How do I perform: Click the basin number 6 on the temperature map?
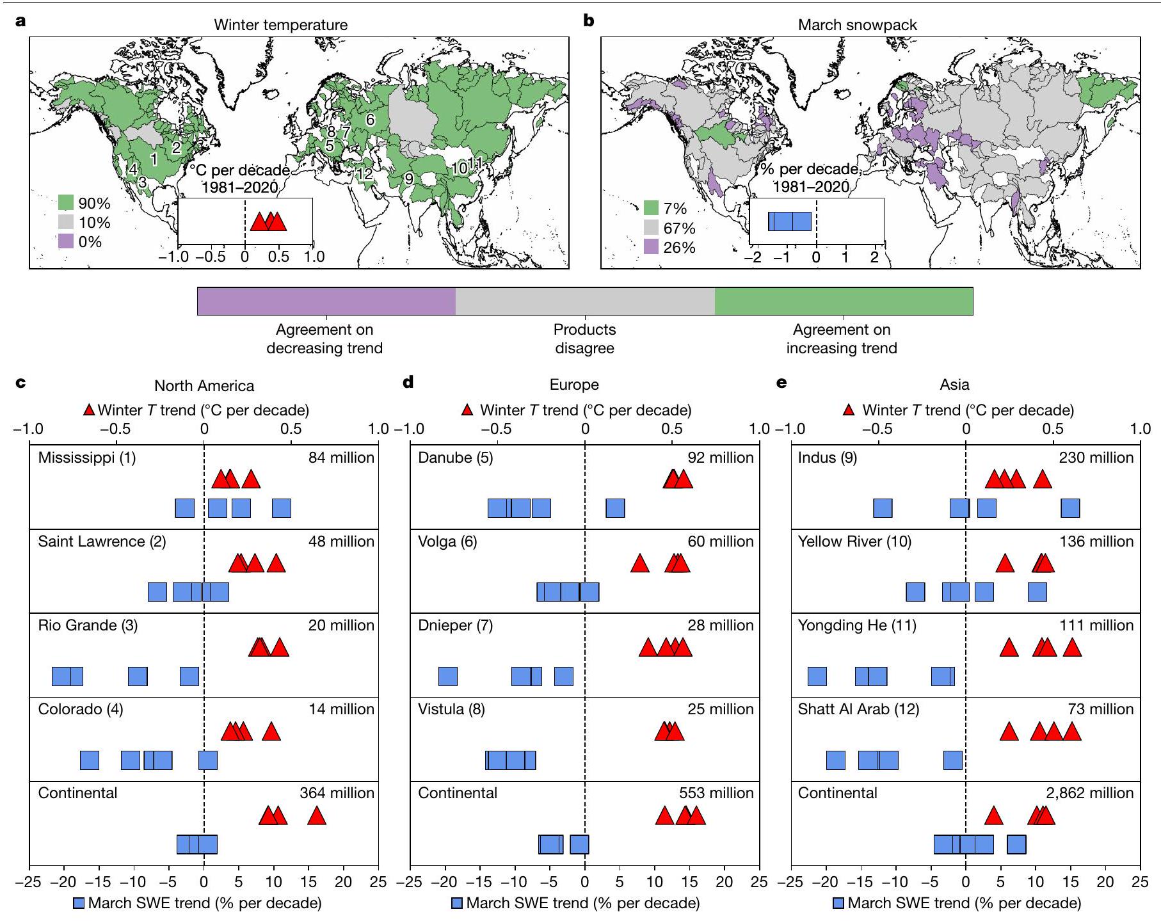[370, 120]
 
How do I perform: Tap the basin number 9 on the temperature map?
[408, 179]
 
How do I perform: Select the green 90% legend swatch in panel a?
[67, 204]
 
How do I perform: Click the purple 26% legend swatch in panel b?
[651, 247]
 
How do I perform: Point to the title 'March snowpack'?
[857, 25]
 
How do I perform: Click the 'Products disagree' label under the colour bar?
[584, 339]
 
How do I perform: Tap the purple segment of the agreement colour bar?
[326, 301]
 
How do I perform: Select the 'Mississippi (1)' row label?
[87, 458]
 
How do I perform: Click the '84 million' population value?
[341, 458]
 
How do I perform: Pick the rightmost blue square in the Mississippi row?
[282, 509]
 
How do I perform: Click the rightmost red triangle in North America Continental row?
[317, 816]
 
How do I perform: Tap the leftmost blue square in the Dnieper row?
[448, 677]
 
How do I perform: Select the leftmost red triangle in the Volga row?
[639, 564]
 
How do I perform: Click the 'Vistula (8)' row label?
[452, 709]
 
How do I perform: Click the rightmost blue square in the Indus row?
[1070, 509]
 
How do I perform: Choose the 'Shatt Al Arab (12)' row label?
[858, 709]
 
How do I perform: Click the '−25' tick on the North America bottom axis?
[29, 881]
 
